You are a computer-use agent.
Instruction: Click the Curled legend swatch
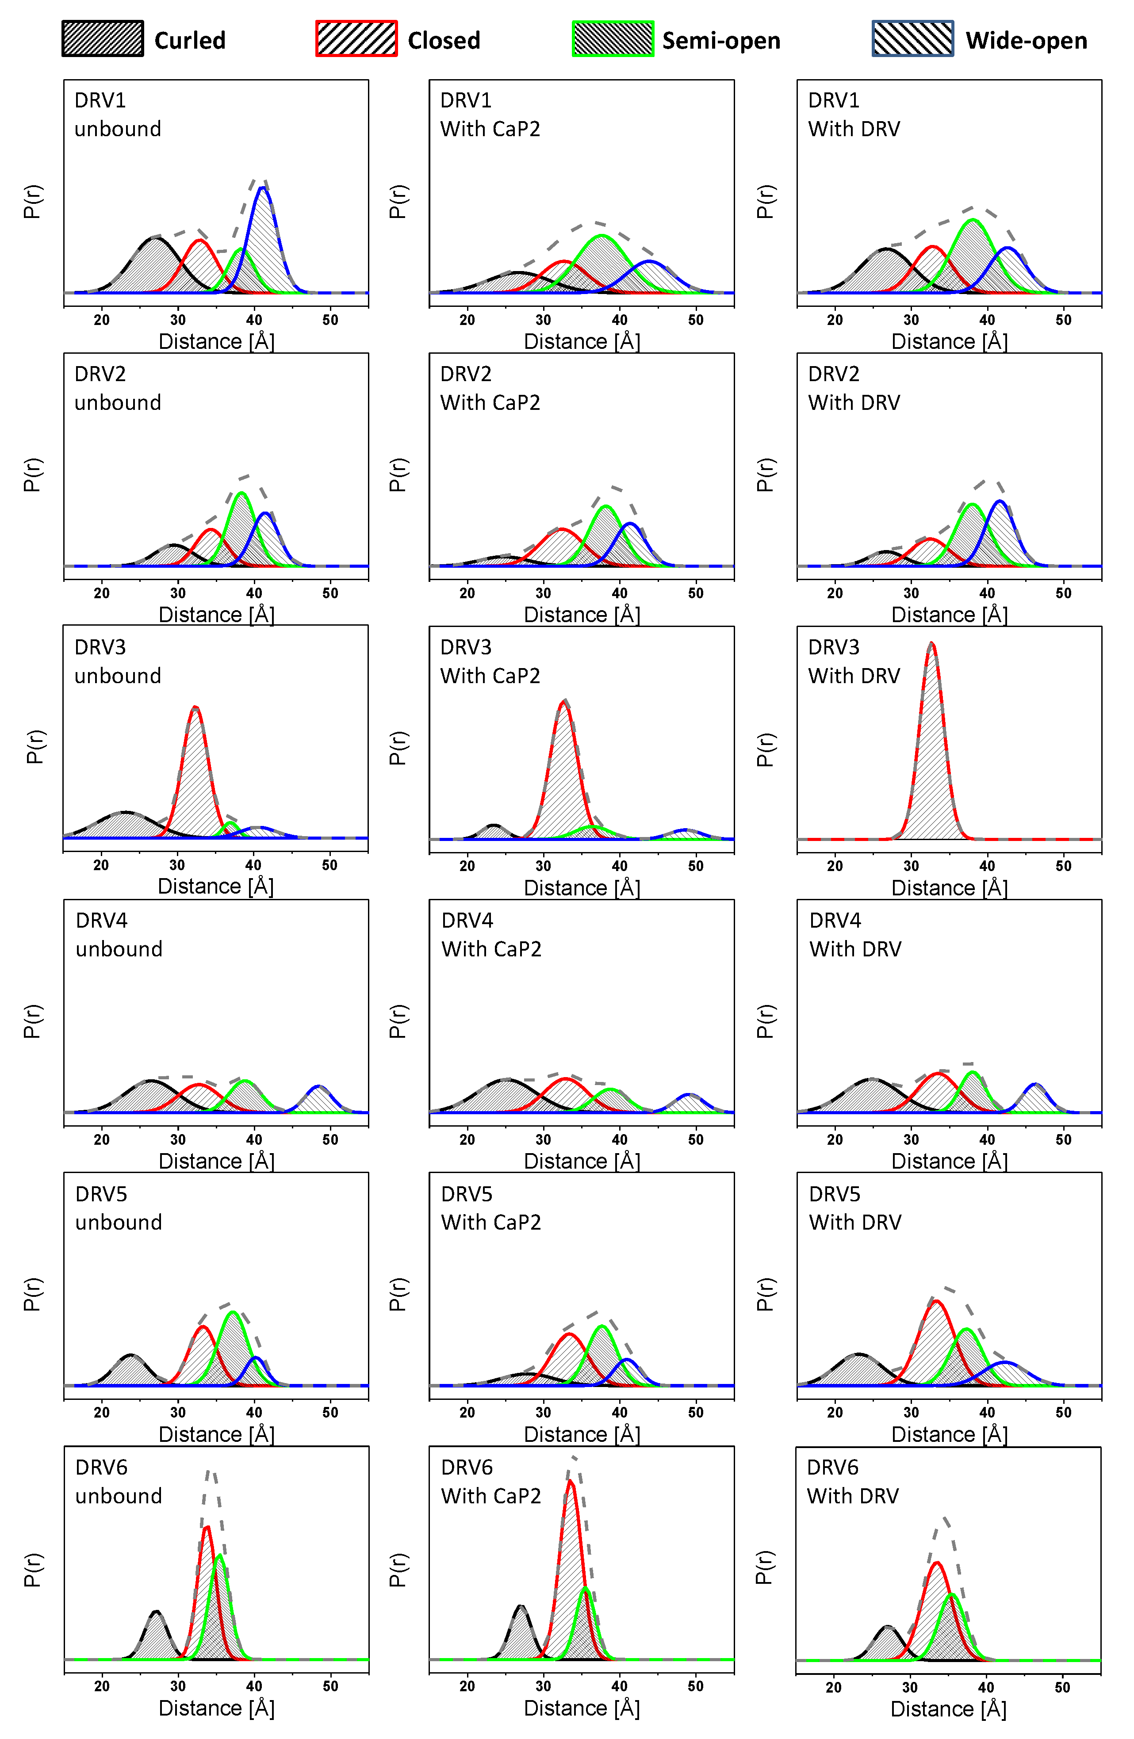[x=102, y=39]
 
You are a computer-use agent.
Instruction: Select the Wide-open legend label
[x=1026, y=40]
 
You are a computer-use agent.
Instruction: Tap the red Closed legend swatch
[x=356, y=39]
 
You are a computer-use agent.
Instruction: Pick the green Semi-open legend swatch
[x=612, y=39]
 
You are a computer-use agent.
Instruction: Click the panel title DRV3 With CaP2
[x=490, y=661]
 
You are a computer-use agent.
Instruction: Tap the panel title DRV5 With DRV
[x=855, y=1208]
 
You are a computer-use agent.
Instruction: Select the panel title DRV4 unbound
[x=119, y=935]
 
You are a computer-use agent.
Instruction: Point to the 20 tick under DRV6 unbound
[x=102, y=1685]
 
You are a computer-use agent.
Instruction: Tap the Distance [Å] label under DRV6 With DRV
[x=948, y=1708]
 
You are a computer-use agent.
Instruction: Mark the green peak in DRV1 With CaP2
[x=601, y=236]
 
